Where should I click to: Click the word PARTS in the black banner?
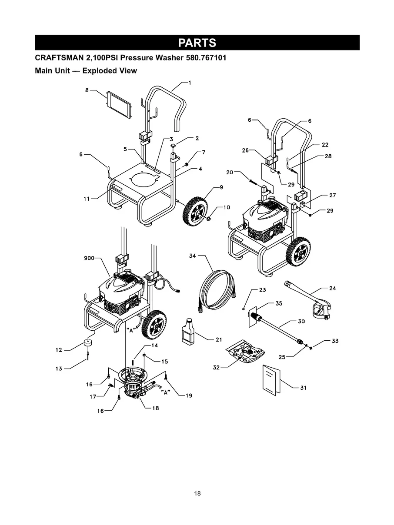coord(197,43)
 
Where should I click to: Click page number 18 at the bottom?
coord(197,494)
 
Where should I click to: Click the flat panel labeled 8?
coord(118,104)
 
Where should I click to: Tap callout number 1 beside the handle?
coord(189,82)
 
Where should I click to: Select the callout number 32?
coord(216,367)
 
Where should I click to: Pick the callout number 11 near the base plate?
coord(87,199)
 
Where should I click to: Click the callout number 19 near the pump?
coord(189,395)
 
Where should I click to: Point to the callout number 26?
coord(245,150)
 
